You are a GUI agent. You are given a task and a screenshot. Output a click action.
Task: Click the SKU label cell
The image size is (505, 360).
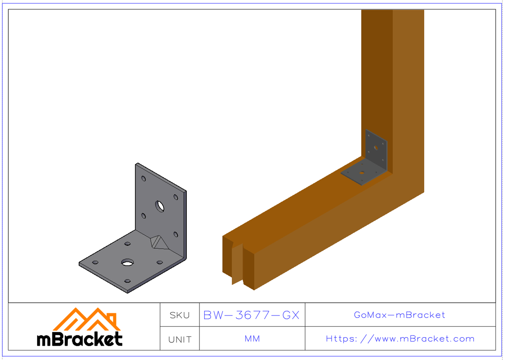(180, 315)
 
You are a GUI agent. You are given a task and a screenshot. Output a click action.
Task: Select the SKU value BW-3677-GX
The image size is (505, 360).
(251, 315)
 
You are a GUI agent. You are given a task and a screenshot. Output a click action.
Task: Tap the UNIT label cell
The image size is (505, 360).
(180, 339)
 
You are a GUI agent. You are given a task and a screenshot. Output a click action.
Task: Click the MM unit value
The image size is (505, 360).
(252, 339)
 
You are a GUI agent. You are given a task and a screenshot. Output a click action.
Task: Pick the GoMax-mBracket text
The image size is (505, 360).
(400, 315)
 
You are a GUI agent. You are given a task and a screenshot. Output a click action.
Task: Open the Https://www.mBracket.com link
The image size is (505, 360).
(400, 339)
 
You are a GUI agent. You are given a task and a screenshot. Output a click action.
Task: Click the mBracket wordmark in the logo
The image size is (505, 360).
(80, 339)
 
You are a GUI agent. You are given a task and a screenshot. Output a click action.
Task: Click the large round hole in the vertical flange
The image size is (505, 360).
(160, 206)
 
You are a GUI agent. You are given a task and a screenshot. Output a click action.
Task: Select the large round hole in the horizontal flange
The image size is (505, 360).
(127, 263)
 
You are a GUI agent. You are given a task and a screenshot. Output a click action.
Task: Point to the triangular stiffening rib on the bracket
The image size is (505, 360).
(158, 242)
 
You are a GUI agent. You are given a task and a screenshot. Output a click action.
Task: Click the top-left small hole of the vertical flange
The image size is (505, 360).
(144, 179)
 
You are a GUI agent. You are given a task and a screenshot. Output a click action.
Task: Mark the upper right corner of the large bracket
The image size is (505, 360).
(186, 192)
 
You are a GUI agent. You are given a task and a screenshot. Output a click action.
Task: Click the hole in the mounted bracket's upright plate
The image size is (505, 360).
(376, 148)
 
